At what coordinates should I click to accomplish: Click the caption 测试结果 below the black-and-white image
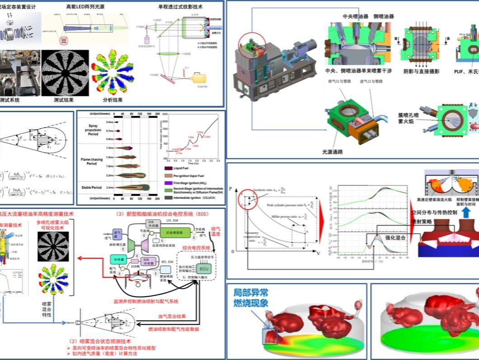tap(63, 100)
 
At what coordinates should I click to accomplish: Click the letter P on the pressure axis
tap(231, 187)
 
